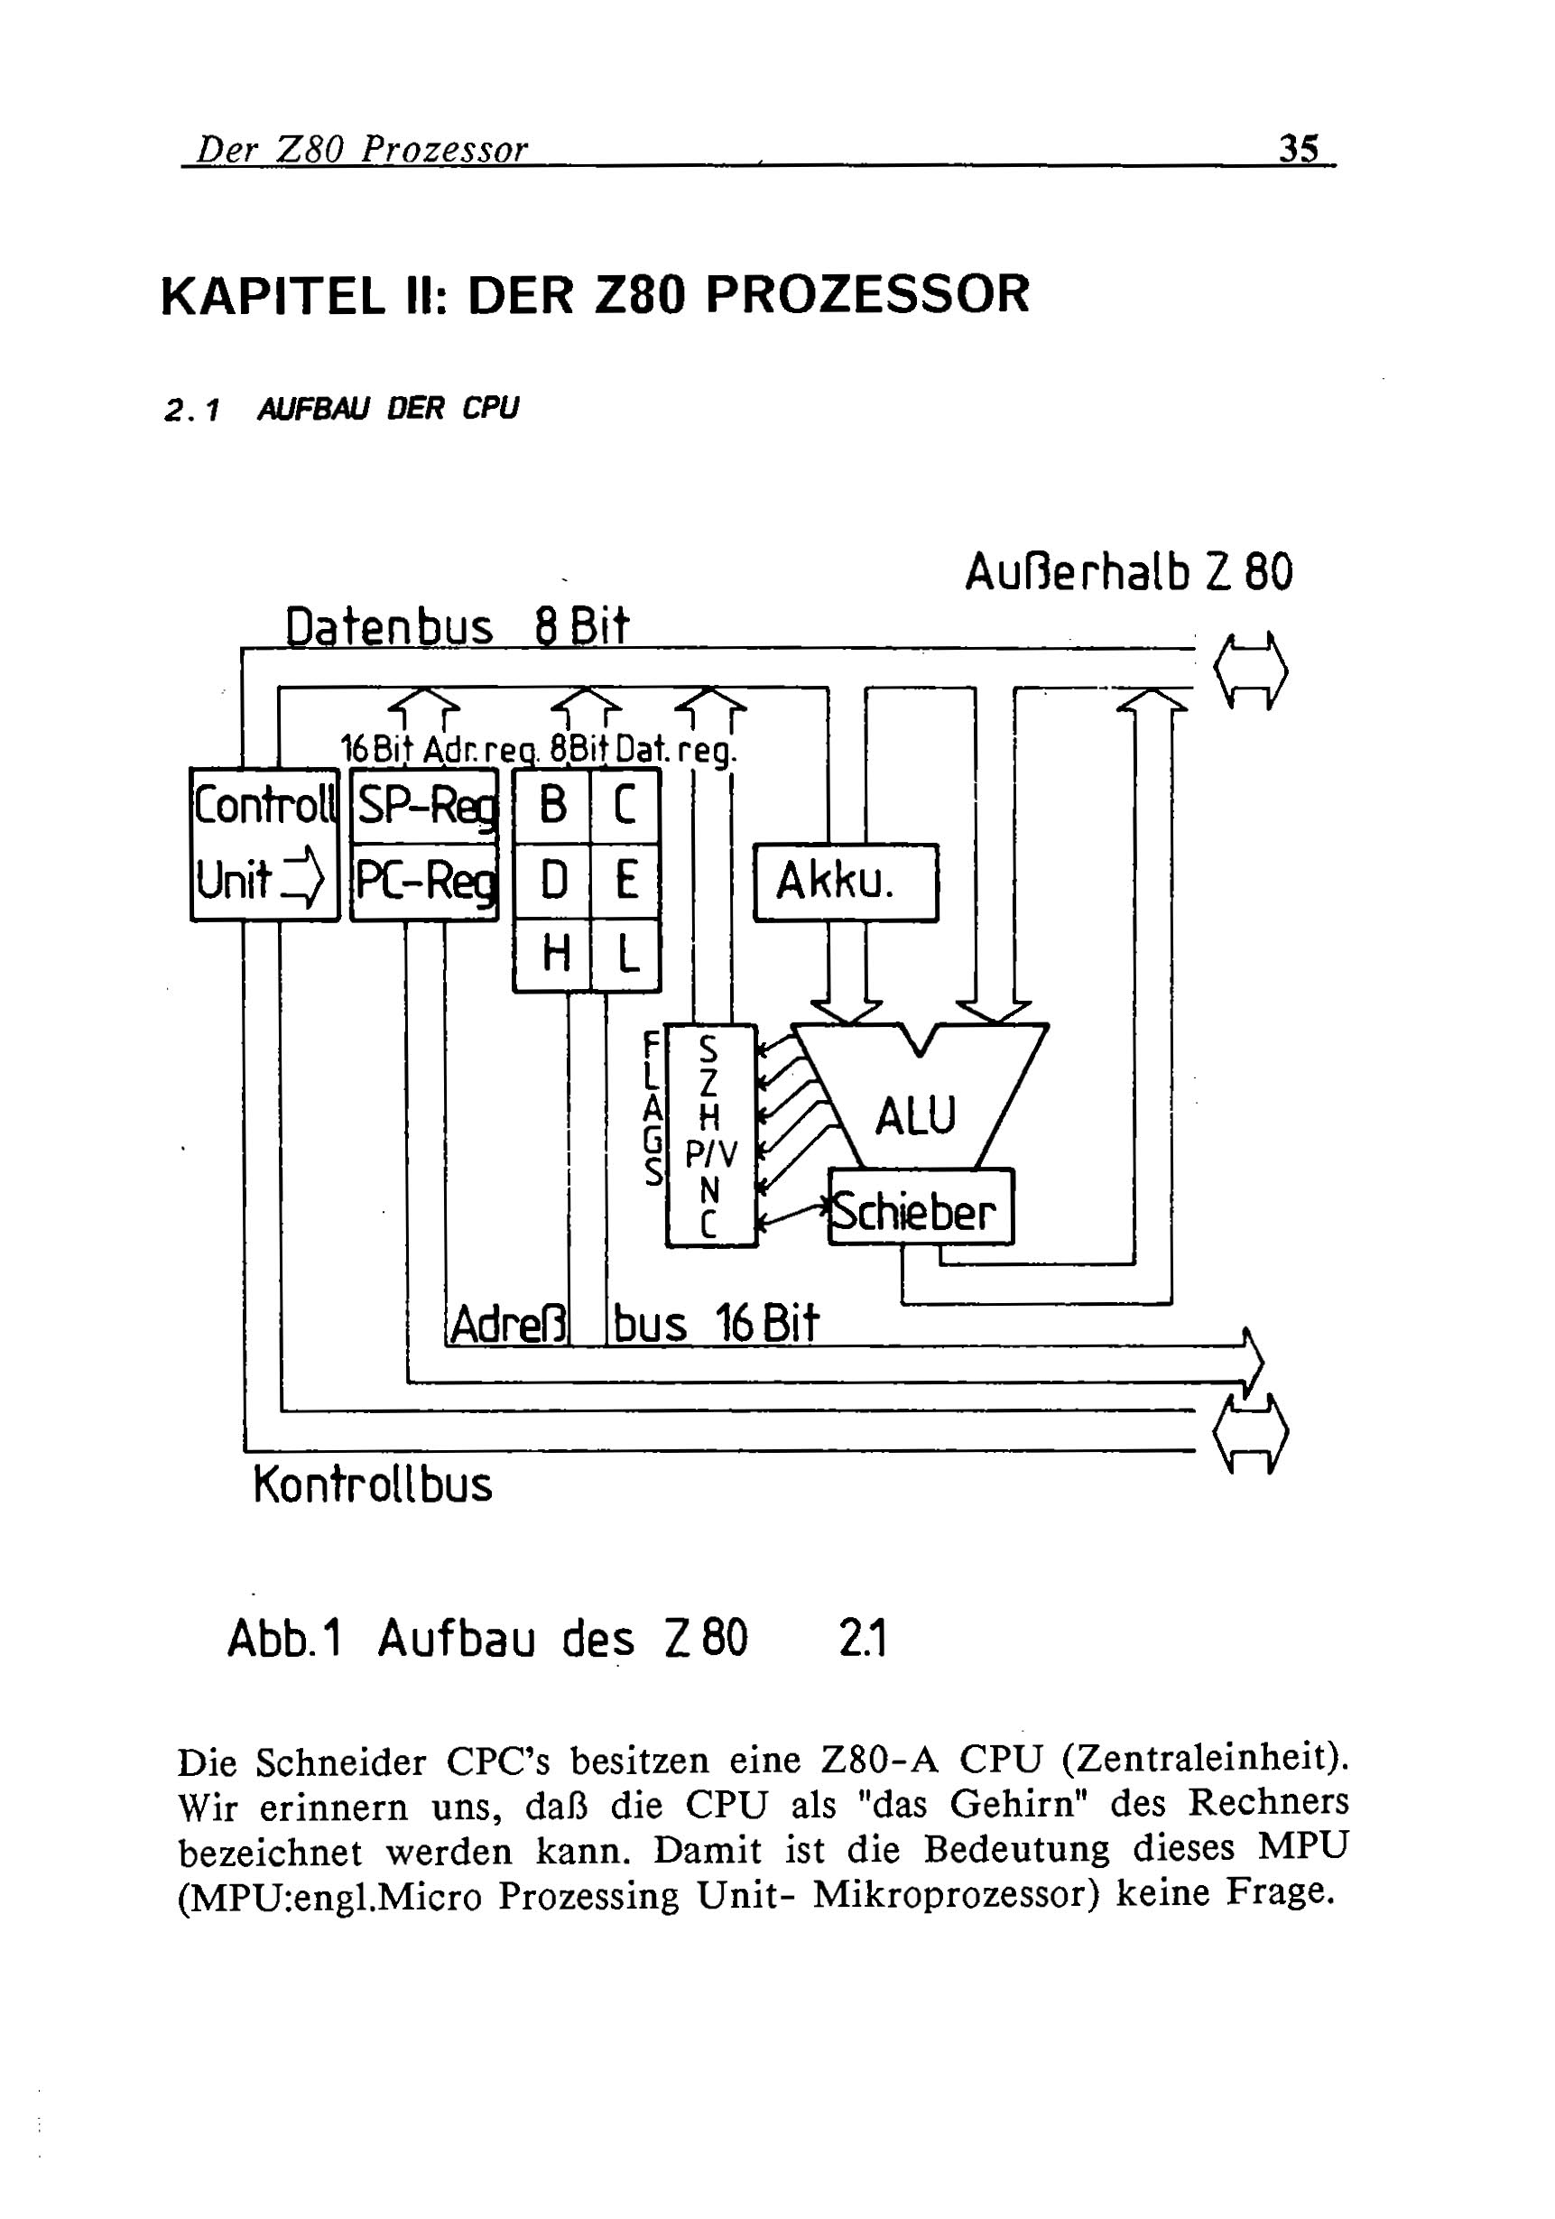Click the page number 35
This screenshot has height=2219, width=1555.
[x=1298, y=149]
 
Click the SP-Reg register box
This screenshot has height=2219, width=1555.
[x=424, y=805]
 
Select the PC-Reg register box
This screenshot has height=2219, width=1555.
[x=424, y=881]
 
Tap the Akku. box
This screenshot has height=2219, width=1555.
[x=845, y=882]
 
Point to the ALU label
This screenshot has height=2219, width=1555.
[x=914, y=1115]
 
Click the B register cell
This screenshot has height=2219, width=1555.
[x=551, y=805]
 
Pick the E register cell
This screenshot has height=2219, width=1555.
[x=625, y=881]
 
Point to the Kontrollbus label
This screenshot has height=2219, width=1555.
[x=372, y=1484]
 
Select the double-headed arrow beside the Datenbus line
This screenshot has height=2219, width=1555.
[x=1251, y=670]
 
